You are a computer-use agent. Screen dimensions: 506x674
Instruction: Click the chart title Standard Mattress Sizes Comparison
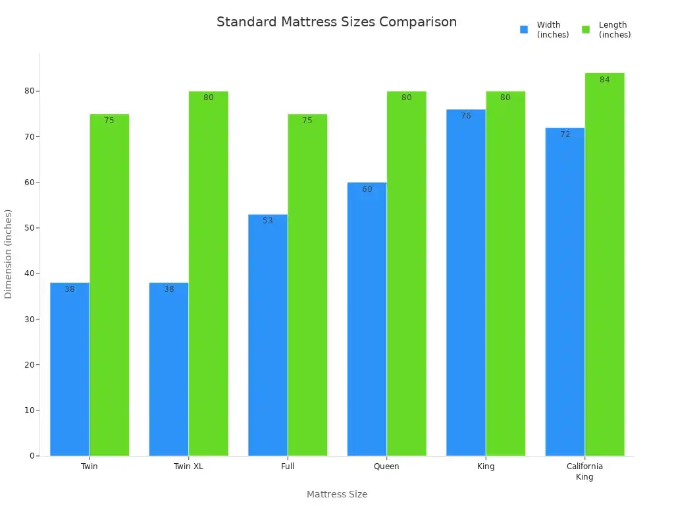click(x=336, y=22)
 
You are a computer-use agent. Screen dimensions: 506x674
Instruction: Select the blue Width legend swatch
click(x=524, y=30)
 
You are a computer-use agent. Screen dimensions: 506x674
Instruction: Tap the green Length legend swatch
click(x=586, y=30)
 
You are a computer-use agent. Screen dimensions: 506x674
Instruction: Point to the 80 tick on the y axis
click(x=29, y=91)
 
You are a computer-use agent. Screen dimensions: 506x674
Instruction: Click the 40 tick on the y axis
click(x=29, y=273)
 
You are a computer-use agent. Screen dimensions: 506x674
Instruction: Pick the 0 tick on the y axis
click(x=32, y=456)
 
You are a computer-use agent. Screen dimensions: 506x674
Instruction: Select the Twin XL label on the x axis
click(x=188, y=466)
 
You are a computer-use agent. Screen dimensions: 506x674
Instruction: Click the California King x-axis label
click(x=584, y=472)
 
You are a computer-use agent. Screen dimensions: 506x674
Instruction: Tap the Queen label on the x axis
click(x=386, y=466)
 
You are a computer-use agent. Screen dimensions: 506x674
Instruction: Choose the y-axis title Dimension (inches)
click(x=9, y=254)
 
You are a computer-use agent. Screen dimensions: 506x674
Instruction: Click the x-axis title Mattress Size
click(x=337, y=494)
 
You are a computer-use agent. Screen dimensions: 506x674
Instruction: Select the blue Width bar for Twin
click(x=70, y=369)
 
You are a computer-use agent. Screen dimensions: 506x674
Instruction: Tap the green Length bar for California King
click(x=604, y=264)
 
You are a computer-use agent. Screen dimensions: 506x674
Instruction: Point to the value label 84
click(x=604, y=80)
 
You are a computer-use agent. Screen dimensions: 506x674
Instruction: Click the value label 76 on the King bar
click(x=466, y=116)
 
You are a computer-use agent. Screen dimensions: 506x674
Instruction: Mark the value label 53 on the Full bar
click(x=268, y=221)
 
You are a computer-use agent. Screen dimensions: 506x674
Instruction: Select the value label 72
click(x=565, y=134)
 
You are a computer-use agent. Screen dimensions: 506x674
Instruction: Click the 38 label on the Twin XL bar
click(x=168, y=289)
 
